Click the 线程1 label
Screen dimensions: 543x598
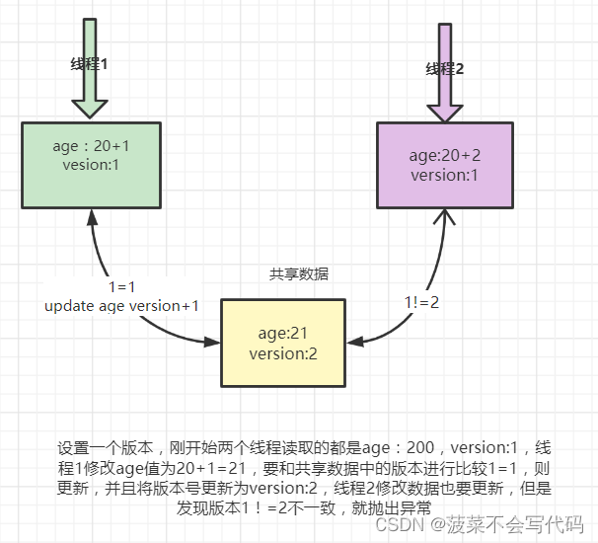coord(89,64)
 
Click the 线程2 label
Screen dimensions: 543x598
coord(444,69)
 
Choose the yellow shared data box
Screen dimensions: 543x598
coord(283,344)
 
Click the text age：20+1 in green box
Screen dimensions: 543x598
coord(91,146)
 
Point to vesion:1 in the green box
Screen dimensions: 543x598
coord(91,165)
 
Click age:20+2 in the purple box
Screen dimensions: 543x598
coord(444,156)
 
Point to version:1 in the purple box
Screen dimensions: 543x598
coord(444,175)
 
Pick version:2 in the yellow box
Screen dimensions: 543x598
coord(283,353)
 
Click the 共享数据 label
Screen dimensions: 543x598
coord(299,273)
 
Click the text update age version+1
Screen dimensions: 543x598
coord(121,306)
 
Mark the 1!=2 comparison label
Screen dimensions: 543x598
coord(421,302)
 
